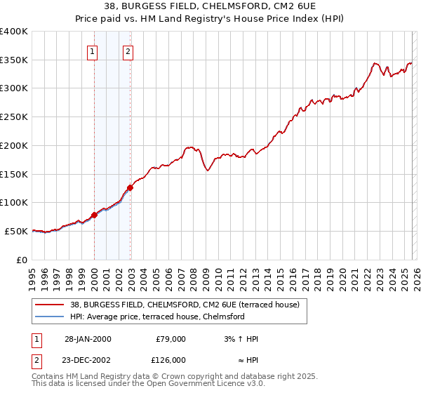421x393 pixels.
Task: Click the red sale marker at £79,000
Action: pos(94,215)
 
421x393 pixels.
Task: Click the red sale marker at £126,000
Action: pos(131,188)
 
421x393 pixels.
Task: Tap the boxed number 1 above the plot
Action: pos(93,51)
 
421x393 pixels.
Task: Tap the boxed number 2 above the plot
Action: pos(128,51)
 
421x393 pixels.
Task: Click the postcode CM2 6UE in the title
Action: pos(282,8)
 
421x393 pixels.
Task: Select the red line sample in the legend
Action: pos(50,305)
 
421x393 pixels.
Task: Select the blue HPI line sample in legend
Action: pos(50,317)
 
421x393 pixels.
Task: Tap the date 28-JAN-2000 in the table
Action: pos(88,339)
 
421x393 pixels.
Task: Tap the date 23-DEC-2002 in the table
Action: pos(88,360)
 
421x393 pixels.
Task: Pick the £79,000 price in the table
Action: pos(171,339)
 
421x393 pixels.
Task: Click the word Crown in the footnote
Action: pos(175,375)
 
